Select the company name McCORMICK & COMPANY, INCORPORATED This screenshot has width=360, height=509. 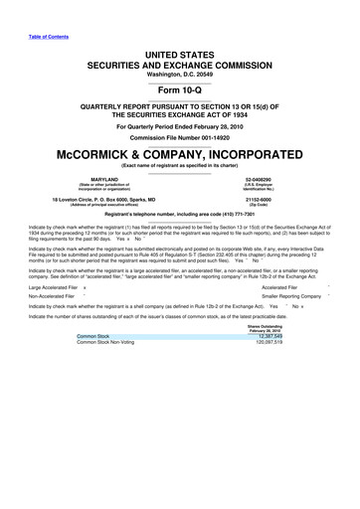[x=180, y=157]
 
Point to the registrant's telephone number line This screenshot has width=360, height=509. [x=180, y=215]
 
